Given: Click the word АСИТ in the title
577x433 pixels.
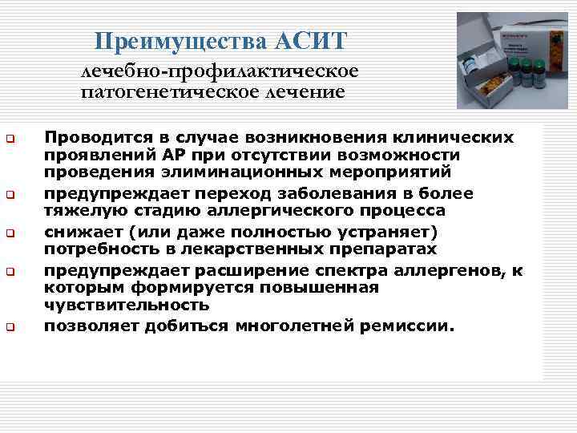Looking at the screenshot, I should [x=311, y=40].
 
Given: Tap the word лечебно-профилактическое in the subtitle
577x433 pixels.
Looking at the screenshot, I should [x=219, y=71].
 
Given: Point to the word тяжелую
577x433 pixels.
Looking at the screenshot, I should [x=81, y=211].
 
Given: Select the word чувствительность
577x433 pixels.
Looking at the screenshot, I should [x=127, y=306].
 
